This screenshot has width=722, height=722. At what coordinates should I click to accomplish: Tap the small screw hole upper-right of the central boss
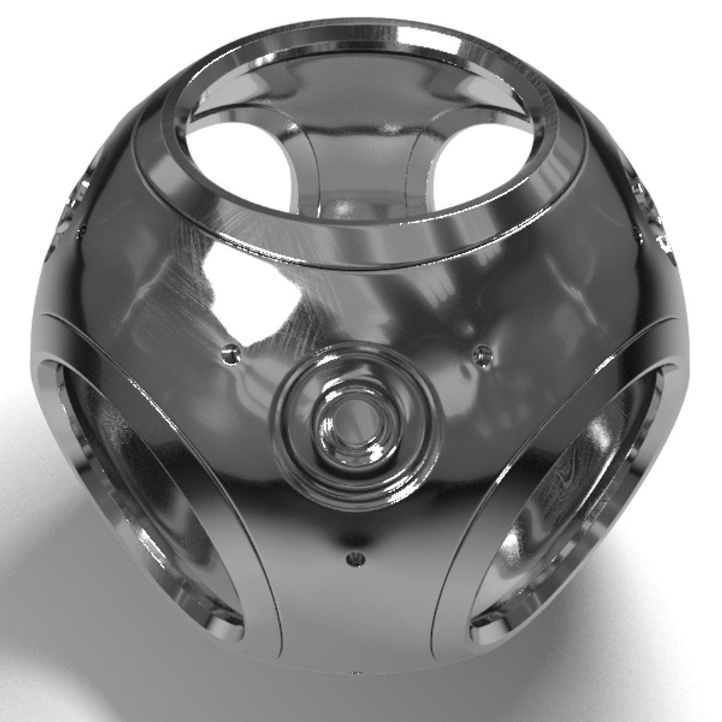tap(482, 356)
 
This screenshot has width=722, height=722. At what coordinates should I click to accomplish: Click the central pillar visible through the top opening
tap(361, 167)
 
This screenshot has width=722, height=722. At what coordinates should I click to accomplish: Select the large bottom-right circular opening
tap(568, 495)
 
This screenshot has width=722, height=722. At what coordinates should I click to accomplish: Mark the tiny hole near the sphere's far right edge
tap(636, 231)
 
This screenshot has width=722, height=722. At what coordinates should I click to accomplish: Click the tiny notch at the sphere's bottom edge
tap(356, 671)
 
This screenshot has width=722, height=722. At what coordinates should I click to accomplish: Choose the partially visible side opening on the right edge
tap(652, 207)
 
